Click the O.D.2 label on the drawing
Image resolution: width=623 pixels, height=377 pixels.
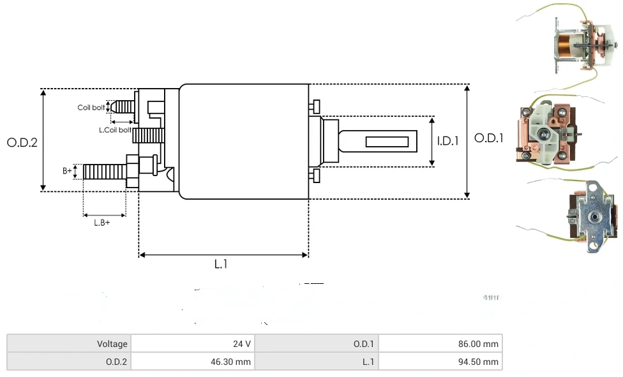pyautogui.click(x=22, y=142)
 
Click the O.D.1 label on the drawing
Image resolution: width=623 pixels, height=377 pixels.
pyautogui.click(x=489, y=138)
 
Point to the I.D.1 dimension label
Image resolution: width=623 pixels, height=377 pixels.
pyautogui.click(x=448, y=140)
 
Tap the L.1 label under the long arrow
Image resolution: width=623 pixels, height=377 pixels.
pyautogui.click(x=221, y=264)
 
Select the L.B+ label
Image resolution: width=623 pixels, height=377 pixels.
pyautogui.click(x=101, y=223)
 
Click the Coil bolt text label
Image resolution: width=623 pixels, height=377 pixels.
pyautogui.click(x=91, y=107)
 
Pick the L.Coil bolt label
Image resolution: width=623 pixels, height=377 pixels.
pyautogui.click(x=115, y=130)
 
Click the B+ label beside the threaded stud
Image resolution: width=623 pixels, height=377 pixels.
pyautogui.click(x=67, y=171)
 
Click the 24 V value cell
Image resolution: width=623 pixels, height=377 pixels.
pyautogui.click(x=193, y=344)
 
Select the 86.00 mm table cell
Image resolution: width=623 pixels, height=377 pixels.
pyautogui.click(x=440, y=344)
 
